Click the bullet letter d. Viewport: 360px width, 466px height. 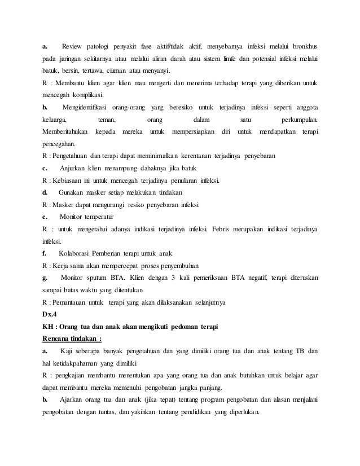coord(44,193)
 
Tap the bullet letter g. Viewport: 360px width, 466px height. coord(44,278)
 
